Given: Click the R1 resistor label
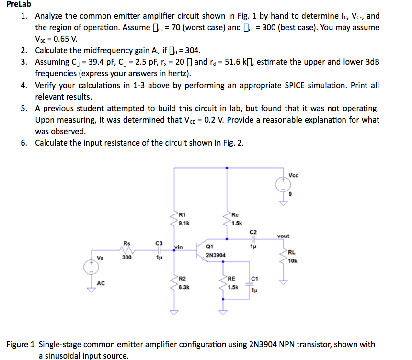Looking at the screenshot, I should click(182, 214).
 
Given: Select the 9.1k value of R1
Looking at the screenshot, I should click(184, 223).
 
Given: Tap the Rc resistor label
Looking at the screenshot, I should click(235, 214).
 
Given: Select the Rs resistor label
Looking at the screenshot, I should click(127, 243).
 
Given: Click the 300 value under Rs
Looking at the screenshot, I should click(126, 258).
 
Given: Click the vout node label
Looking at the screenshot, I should click(284, 236).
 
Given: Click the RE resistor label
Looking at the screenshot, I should click(232, 279).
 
